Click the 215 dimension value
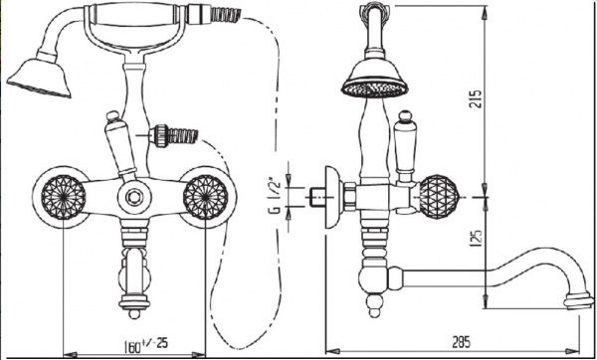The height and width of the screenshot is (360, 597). click(476, 98)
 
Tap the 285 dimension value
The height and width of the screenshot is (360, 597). click(461, 342)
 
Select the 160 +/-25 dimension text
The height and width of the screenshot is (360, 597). click(146, 345)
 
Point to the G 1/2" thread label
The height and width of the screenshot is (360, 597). click(276, 195)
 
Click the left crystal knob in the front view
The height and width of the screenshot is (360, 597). click(64, 197)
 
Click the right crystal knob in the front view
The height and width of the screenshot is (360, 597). click(206, 197)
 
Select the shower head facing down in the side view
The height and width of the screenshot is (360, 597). click(375, 79)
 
